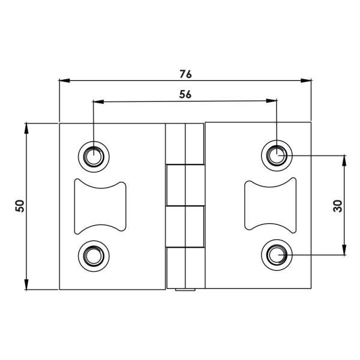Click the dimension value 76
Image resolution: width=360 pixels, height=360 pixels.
[185, 74]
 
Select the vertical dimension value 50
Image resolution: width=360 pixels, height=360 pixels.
[20, 206]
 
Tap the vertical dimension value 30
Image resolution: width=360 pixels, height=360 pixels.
[337, 206]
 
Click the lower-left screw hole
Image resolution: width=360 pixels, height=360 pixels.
[94, 256]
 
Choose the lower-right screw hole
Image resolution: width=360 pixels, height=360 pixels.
[277, 256]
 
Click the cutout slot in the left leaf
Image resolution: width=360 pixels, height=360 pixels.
[100, 206]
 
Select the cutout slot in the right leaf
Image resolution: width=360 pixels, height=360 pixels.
[270, 206]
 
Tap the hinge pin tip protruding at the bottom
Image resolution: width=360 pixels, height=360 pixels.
[185, 292]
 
